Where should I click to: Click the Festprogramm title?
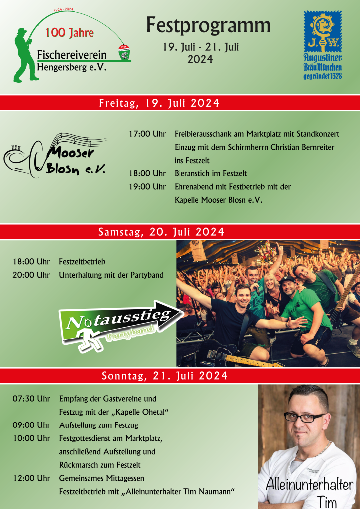pos(208,25)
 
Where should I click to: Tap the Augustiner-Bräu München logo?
pos(322,45)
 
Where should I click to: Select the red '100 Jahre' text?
pos(70,33)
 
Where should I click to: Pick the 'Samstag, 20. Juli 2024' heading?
pos(162,232)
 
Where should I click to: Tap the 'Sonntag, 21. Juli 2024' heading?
pos(165,376)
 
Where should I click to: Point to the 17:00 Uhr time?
pos(147,134)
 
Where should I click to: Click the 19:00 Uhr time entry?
pos(147,187)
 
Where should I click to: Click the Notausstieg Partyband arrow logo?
pos(119,322)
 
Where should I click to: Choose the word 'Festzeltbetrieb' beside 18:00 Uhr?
pos(82,262)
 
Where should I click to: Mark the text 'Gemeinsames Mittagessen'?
pos(101,478)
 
